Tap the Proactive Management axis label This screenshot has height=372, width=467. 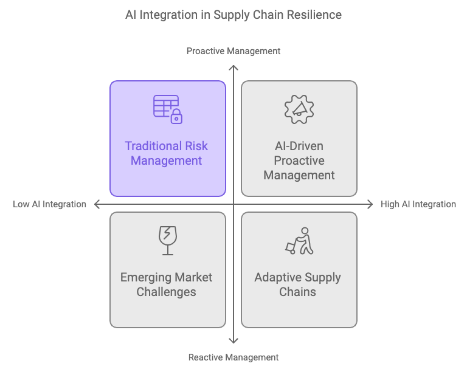tap(233, 51)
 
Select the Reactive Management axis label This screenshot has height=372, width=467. tap(233, 357)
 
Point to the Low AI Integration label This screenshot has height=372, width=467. tap(49, 204)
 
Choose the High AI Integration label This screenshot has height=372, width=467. tap(418, 204)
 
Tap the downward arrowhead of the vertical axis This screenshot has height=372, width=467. tap(233, 341)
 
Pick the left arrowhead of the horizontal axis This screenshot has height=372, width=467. tap(97, 204)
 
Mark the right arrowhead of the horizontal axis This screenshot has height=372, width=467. tap(370, 204)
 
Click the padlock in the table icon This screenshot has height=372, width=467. tap(176, 116)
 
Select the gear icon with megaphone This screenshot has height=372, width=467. tap(299, 109)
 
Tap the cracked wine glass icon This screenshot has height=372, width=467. tap(168, 241)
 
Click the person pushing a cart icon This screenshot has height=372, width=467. tap(299, 241)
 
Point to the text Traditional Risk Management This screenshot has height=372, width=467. tap(166, 153)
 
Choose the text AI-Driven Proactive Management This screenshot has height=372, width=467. tap(299, 160)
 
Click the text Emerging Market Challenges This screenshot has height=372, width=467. tap(166, 284)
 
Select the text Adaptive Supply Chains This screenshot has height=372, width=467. tap(297, 284)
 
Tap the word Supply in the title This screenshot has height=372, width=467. tap(232, 15)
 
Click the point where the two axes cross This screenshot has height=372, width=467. tap(233, 204)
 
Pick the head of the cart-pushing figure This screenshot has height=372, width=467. tap(305, 231)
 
